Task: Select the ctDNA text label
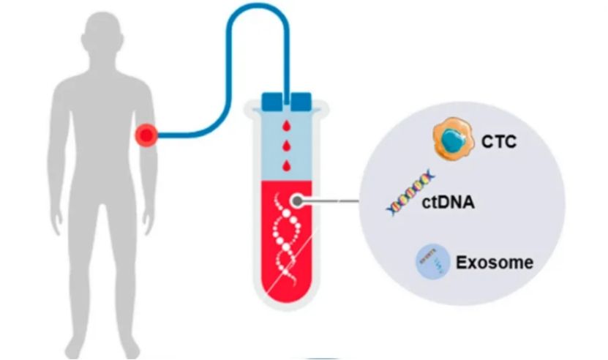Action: [449, 203]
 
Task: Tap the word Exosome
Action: [495, 262]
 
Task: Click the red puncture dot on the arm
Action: [147, 135]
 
